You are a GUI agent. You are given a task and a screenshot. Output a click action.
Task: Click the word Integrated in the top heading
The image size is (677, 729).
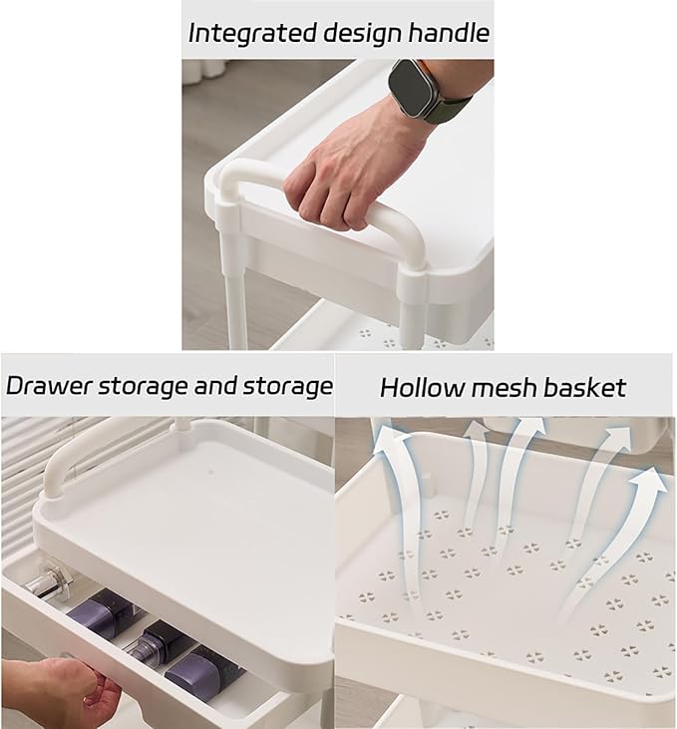point(252,34)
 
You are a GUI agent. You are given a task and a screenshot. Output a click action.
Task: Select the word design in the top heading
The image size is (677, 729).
point(362,34)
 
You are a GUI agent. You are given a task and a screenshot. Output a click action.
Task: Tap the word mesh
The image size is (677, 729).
point(505,387)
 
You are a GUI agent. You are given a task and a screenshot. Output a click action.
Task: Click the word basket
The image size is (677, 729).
point(585,387)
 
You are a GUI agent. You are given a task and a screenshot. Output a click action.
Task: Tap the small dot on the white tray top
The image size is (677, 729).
point(210,474)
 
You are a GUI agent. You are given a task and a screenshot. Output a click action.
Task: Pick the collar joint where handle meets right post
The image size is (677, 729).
point(412,283)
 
